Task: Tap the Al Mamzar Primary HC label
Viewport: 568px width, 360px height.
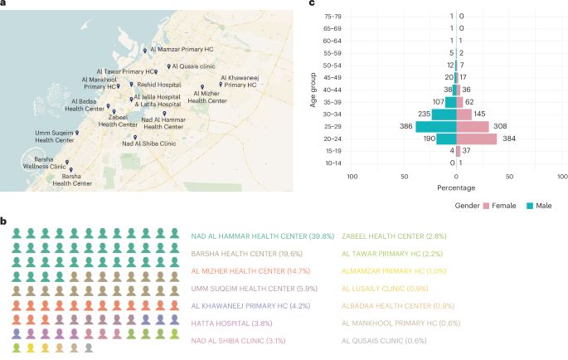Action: [182, 50]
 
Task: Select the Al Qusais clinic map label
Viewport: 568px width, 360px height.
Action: [193, 66]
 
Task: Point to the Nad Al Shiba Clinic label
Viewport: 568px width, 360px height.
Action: [149, 144]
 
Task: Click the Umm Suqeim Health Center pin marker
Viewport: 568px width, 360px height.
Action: [77, 133]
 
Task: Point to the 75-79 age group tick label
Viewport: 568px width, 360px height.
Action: [333, 16]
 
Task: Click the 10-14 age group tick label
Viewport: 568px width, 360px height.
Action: [333, 163]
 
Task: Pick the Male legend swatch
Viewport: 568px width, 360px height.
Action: [530, 204]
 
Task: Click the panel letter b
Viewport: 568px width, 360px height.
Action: [4, 221]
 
